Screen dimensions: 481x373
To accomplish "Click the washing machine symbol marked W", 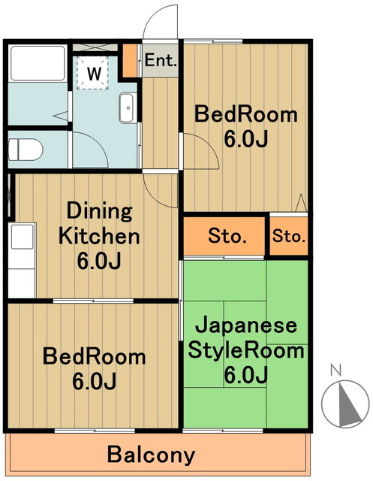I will click(x=94, y=74).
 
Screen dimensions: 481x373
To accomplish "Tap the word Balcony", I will click(x=151, y=455).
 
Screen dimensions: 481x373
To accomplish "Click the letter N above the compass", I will click(x=336, y=369).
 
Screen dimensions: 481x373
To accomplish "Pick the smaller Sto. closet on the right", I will click(x=289, y=237).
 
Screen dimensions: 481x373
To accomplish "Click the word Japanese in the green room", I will click(x=247, y=328).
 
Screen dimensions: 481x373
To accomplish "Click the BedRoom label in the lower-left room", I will click(x=94, y=356).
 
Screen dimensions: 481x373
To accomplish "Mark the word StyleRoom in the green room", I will click(x=246, y=351).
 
